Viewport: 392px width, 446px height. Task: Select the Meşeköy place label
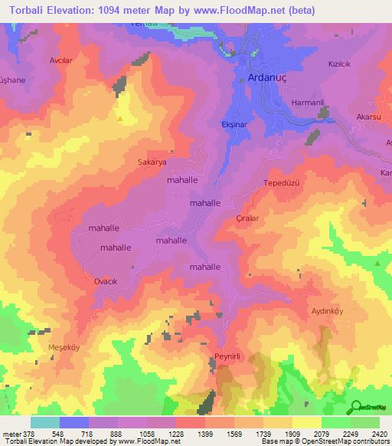coord(64,346)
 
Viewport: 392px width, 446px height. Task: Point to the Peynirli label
coord(227,358)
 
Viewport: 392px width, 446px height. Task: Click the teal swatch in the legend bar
coord(45,422)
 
